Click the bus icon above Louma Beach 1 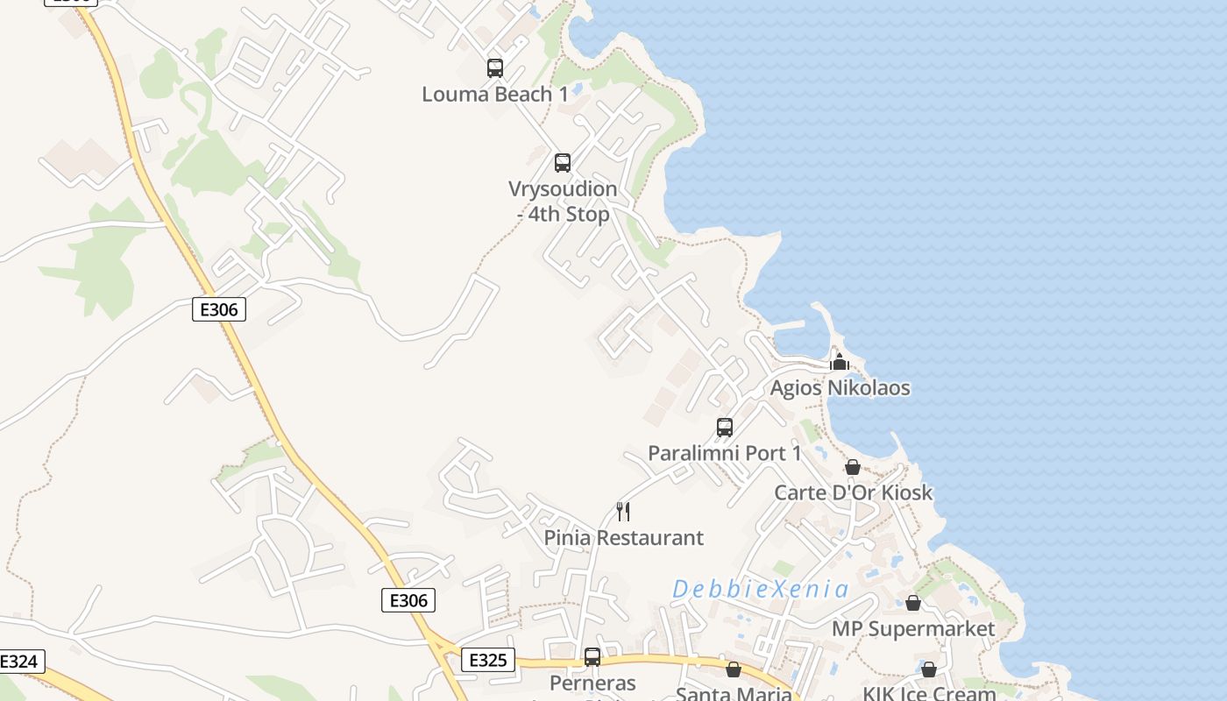495,67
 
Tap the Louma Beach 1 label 495,94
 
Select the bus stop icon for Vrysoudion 563,162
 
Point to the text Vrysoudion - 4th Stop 563,201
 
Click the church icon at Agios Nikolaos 840,361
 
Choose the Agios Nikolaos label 840,387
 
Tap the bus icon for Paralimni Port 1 725,427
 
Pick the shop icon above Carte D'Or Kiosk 853,467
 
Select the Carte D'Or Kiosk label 853,492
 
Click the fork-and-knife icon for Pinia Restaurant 623,511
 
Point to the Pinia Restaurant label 623,537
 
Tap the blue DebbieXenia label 760,589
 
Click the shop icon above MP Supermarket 913,603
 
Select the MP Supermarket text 913,628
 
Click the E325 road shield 487,660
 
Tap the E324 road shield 19,662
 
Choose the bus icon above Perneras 592,656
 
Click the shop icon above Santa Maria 734,669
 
